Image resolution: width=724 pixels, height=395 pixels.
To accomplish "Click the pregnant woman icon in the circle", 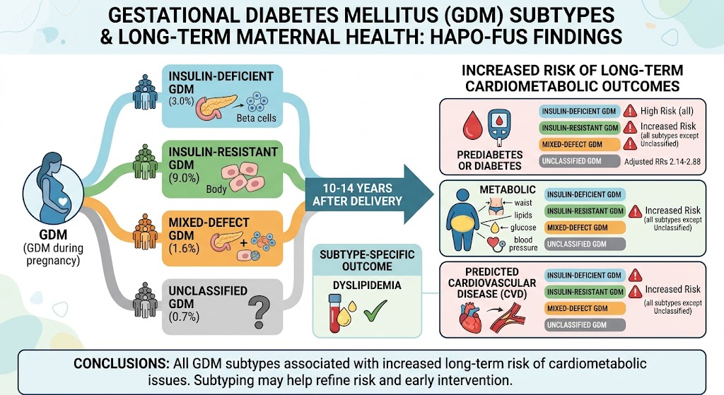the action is pos(53,189).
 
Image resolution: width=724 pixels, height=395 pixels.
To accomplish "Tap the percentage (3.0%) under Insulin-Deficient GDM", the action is pos(181,101).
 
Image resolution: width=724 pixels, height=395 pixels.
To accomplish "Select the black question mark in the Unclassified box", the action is pos(259,312).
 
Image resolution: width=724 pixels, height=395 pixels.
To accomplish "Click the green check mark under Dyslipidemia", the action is pos(375,310).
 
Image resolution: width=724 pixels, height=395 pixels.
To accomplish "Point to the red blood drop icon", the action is pos(472,127).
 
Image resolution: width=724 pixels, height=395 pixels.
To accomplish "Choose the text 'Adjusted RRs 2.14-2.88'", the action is pos(662,162).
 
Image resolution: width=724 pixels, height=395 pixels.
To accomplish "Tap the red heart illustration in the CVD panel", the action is pos(470,319).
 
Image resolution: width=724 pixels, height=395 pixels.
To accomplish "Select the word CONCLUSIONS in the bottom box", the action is pos(121,364).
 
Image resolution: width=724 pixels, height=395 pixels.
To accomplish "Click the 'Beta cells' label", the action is pos(256,118).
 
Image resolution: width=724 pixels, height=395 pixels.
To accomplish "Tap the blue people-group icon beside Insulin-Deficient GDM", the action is pos(145,93).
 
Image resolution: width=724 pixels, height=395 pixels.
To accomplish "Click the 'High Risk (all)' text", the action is pos(667,111).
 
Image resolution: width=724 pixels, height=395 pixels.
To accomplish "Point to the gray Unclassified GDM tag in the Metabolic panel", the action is pos(585,244).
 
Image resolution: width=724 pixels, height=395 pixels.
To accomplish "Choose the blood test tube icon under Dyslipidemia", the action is pos(334,314).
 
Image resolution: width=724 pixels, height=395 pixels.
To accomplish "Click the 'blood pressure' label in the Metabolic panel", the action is pos(523,244).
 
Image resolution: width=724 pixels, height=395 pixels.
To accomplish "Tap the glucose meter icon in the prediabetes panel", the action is pos(500,125).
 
